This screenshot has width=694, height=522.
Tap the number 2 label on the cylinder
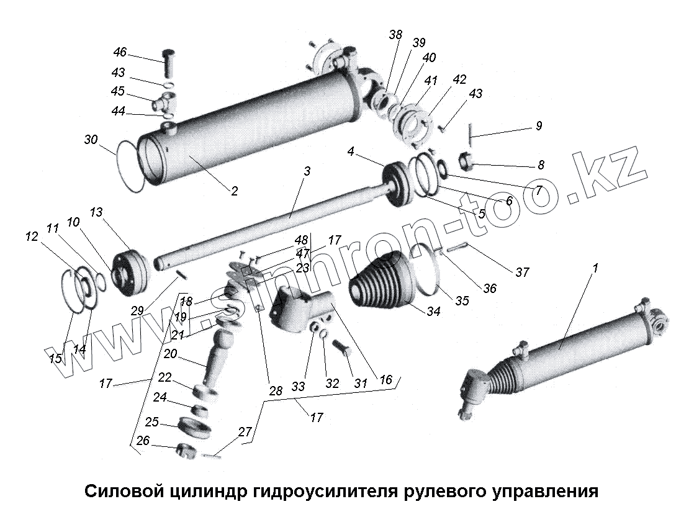(234, 191)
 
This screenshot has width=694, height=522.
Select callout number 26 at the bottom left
(143, 441)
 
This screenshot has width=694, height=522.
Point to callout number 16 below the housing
(385, 380)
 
